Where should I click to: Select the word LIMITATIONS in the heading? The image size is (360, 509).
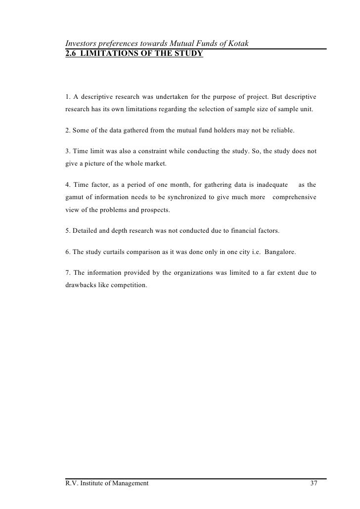click(x=106, y=53)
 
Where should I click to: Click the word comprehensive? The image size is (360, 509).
click(x=294, y=198)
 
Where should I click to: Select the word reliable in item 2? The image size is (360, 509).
click(x=281, y=130)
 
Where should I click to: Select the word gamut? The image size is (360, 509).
click(x=75, y=198)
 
